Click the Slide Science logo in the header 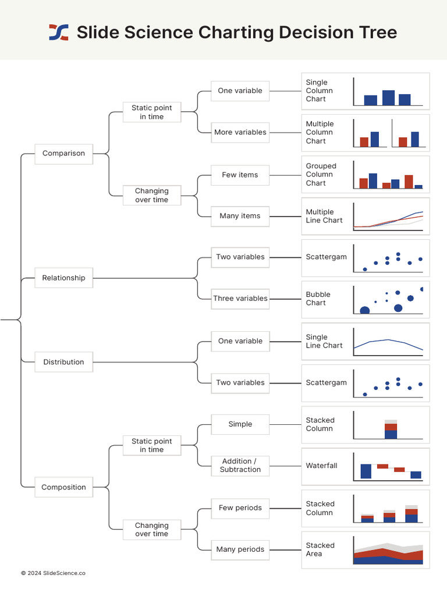point(58,32)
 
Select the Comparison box point(63,154)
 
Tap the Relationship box point(63,278)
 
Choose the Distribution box point(63,362)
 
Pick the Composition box point(63,488)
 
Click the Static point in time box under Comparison point(152,112)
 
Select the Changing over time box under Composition point(152,530)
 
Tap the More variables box point(240,133)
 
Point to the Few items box point(240,175)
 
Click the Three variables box point(240,299)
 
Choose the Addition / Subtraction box point(240,466)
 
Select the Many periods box point(240,549)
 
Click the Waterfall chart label point(321,466)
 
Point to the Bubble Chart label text point(316,299)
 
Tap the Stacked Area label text point(320,549)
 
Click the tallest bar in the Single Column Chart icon point(388,98)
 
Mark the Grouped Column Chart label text point(321,175)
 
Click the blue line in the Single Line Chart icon point(388,340)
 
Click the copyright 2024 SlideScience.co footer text point(53,573)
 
